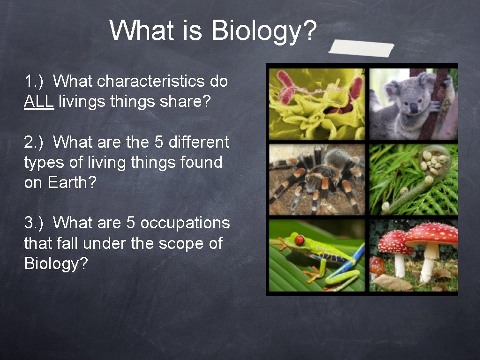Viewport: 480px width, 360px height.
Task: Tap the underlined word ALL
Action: pyautogui.click(x=39, y=101)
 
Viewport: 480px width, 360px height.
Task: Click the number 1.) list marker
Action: pyautogui.click(x=33, y=81)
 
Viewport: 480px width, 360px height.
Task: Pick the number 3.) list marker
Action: pyautogui.click(x=33, y=223)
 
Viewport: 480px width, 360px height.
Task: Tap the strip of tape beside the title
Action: pyautogui.click(x=361, y=47)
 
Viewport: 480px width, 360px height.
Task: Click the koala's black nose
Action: pyautogui.click(x=413, y=108)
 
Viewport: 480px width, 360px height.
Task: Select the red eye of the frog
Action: pyautogui.click(x=299, y=240)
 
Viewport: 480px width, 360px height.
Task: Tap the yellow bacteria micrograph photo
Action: pyautogui.click(x=317, y=104)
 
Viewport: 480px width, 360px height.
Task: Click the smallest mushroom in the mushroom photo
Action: pyautogui.click(x=376, y=266)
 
